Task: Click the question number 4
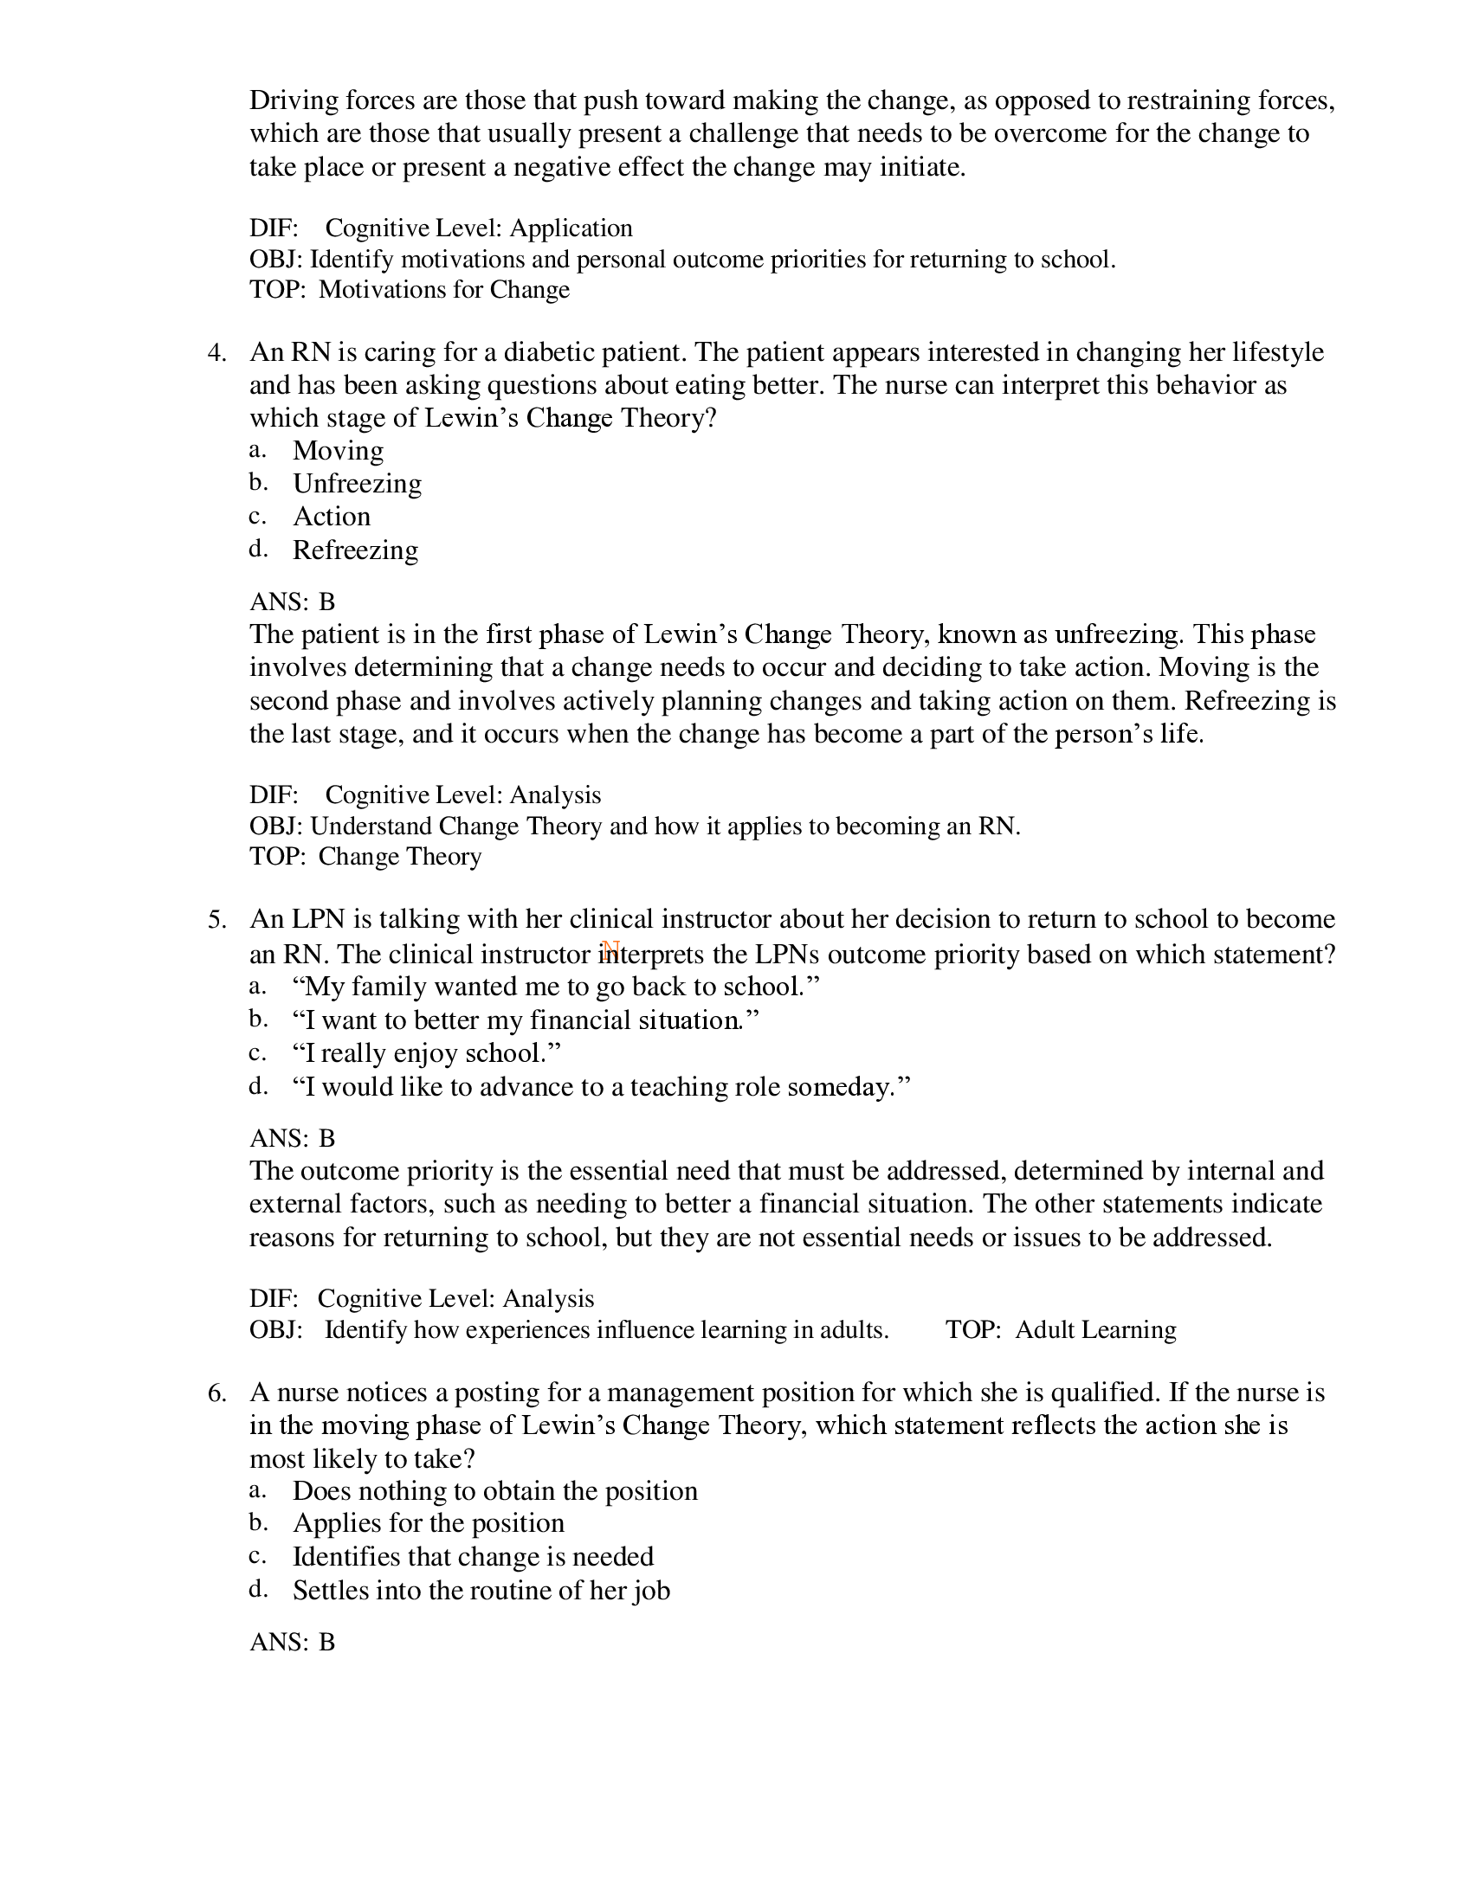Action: click(x=216, y=353)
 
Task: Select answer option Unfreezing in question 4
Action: click(x=357, y=484)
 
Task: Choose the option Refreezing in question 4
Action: click(x=355, y=550)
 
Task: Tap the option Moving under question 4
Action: click(x=338, y=451)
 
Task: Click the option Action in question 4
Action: click(x=332, y=517)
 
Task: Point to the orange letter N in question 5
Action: click(x=610, y=951)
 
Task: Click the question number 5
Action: click(x=216, y=920)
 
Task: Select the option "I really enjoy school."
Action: click(x=426, y=1053)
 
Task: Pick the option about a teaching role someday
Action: click(x=601, y=1087)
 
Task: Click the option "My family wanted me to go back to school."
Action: click(x=557, y=987)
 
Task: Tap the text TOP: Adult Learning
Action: click(x=1061, y=1329)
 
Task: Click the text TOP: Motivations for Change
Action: click(x=409, y=289)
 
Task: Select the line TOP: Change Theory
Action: click(x=365, y=856)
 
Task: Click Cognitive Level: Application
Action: click(x=478, y=228)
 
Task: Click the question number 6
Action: click(x=216, y=1393)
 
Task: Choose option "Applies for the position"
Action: click(x=428, y=1523)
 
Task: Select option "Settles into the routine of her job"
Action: click(x=481, y=1590)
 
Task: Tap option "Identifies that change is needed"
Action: click(x=473, y=1557)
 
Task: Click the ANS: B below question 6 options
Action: click(x=292, y=1643)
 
